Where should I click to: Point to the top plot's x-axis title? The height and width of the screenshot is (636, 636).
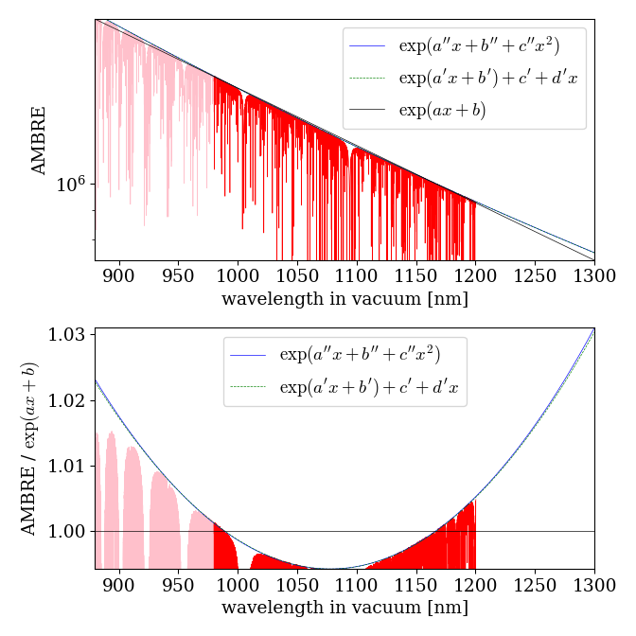tap(344, 299)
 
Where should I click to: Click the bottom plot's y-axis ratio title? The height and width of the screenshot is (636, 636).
tap(30, 449)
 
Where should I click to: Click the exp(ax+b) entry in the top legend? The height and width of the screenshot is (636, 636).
tap(442, 110)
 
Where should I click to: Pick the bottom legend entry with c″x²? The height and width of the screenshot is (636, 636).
tap(360, 355)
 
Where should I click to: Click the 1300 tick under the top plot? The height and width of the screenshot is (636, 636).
tap(594, 277)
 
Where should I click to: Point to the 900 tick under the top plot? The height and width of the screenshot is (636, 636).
tap(119, 277)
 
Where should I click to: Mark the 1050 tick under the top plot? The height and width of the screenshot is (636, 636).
tap(297, 277)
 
